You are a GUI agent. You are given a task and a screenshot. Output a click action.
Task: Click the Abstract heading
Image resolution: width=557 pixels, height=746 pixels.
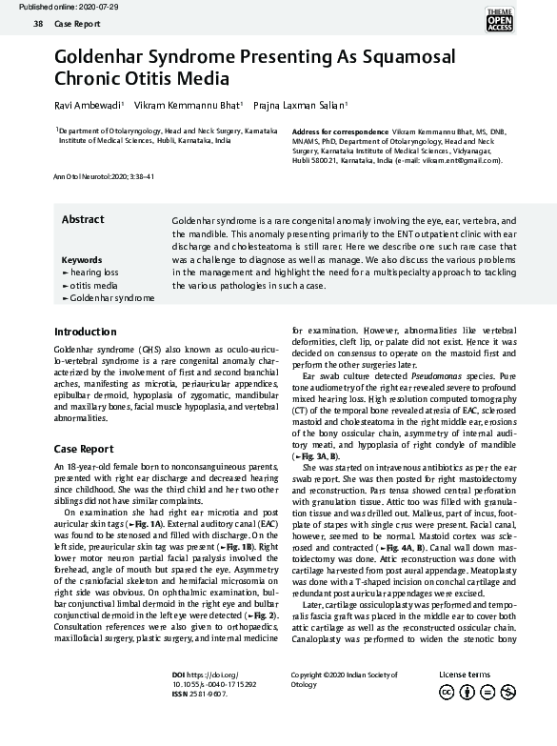click(x=83, y=220)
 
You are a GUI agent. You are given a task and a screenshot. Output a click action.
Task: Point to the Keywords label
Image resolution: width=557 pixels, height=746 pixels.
click(x=81, y=260)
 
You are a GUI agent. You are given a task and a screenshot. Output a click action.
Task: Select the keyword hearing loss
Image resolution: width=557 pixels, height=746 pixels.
click(x=93, y=272)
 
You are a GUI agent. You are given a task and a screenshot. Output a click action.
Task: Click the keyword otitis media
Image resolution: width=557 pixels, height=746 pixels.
click(x=92, y=285)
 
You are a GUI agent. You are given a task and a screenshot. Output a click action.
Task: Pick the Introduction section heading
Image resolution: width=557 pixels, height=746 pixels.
click(x=86, y=333)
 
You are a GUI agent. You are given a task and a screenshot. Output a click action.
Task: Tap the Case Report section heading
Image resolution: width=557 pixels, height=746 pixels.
click(x=84, y=449)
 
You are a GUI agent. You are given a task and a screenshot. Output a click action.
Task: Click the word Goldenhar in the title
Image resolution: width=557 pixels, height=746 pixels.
click(x=105, y=57)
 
